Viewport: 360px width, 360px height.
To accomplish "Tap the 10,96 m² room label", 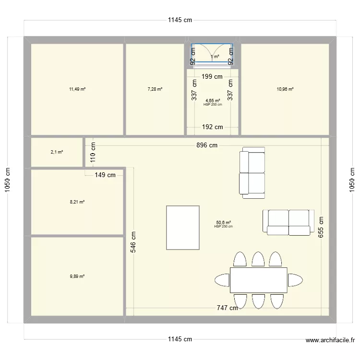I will tap(285, 89).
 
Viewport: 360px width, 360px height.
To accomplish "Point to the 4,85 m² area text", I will tap(213, 101).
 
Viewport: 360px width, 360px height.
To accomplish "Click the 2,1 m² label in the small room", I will tap(57, 152).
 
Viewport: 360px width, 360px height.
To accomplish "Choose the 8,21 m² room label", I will tap(77, 202).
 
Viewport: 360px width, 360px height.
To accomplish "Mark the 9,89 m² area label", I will tap(77, 276).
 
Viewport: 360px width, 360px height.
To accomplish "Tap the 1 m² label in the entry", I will tap(215, 57).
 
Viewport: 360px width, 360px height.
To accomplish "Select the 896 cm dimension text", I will tap(206, 145).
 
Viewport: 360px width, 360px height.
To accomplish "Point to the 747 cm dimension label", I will tap(227, 308).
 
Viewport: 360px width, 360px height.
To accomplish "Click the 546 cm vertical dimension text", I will tap(134, 243).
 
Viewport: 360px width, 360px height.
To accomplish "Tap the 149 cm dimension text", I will tap(105, 175).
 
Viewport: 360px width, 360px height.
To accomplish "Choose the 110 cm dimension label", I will tap(94, 152).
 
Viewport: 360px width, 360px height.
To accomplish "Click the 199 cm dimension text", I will tap(212, 76).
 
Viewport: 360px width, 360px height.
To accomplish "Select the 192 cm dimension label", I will tap(212, 127).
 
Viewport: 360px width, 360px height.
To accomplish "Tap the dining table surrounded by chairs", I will tap(258, 280).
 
